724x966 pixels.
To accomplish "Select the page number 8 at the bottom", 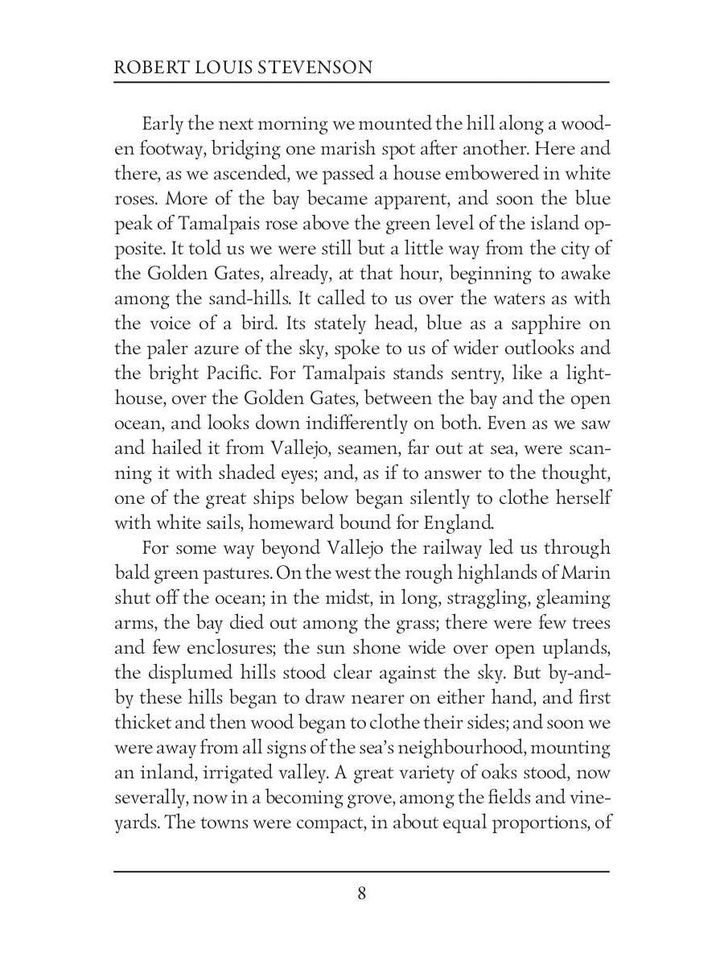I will (x=362, y=894).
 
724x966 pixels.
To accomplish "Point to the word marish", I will (x=360, y=150).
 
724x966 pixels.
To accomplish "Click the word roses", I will (x=134, y=200).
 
